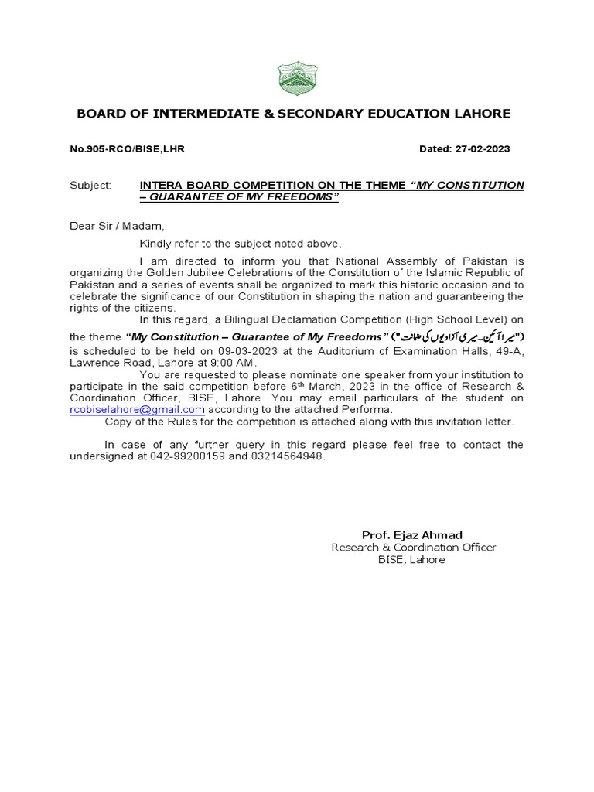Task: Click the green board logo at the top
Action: [x=297, y=79]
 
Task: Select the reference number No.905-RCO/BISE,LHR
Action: [x=128, y=148]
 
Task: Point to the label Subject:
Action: [x=90, y=186]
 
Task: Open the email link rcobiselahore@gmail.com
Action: [x=137, y=409]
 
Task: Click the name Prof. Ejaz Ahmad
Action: [x=413, y=535]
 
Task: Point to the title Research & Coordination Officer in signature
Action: [x=413, y=548]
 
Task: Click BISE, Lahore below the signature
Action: [x=411, y=559]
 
